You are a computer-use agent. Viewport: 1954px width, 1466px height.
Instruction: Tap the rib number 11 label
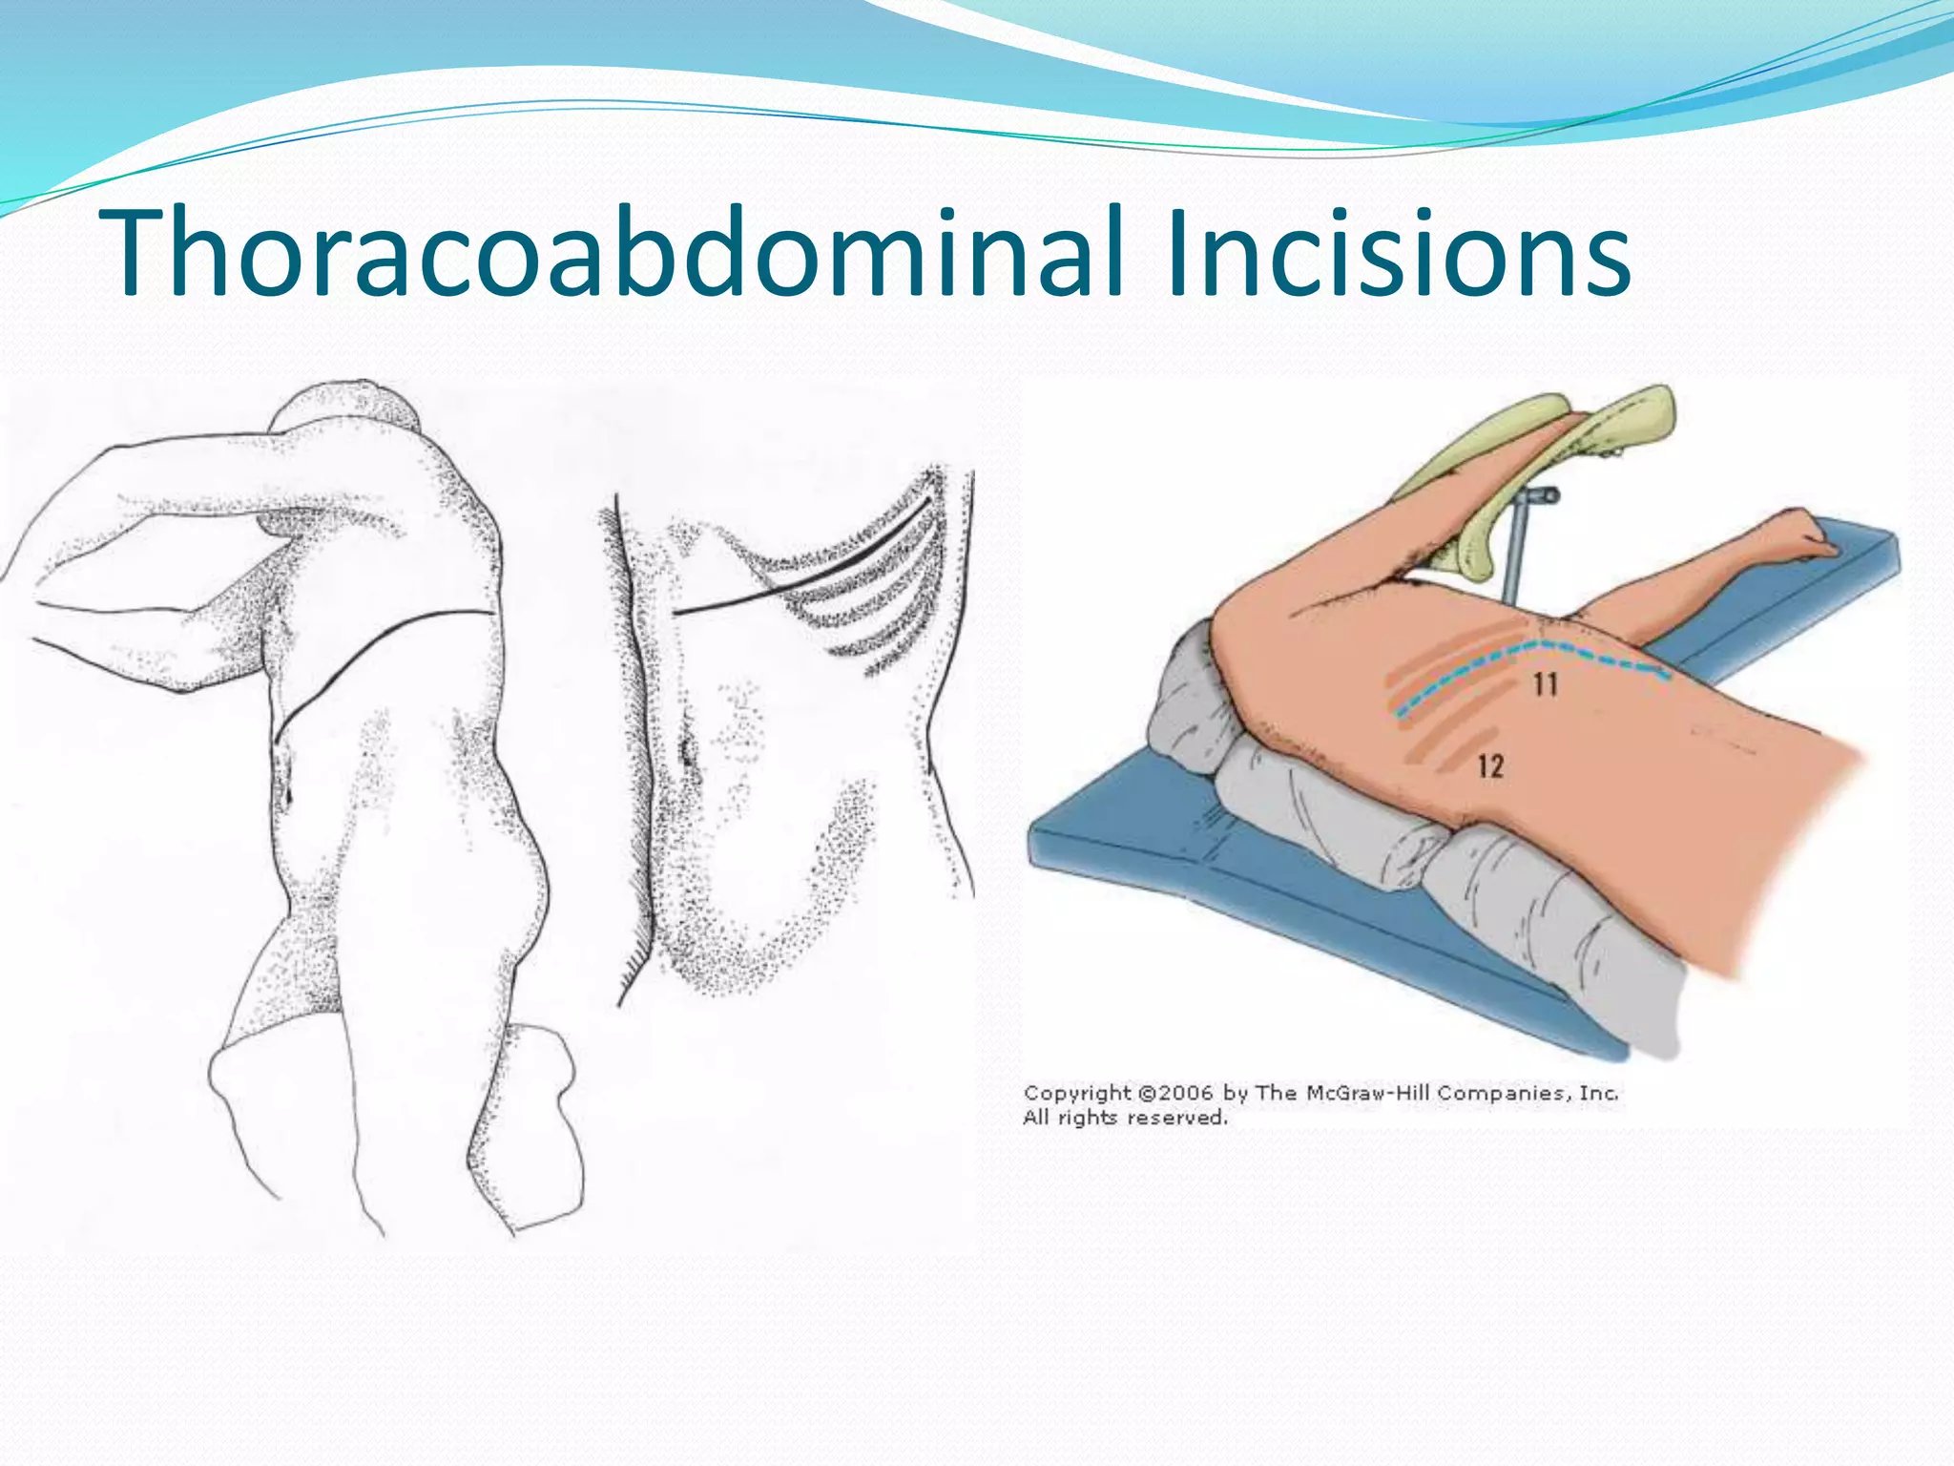1545,683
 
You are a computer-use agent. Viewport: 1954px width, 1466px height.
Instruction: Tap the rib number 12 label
1489,764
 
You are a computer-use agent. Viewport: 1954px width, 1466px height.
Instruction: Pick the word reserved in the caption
1179,1118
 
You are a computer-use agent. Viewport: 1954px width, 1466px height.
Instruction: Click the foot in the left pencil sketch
534,1126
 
